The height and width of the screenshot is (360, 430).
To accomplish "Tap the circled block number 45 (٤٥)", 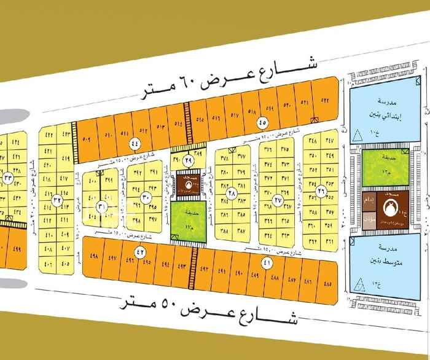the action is (x=262, y=120).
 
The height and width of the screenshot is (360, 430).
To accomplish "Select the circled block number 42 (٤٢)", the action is (x=139, y=252).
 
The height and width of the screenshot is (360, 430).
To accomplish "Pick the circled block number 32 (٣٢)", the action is (x=57, y=199).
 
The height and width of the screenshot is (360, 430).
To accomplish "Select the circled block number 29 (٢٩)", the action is (x=187, y=160).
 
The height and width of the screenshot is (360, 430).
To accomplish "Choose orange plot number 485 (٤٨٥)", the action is (x=326, y=283).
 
